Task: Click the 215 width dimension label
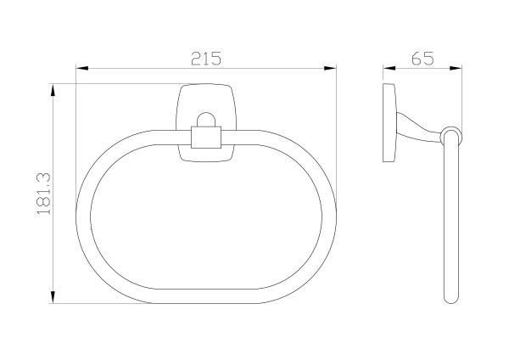pyautogui.click(x=206, y=59)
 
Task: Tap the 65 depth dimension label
pyautogui.click(x=422, y=59)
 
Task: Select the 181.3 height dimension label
pyautogui.click(x=44, y=194)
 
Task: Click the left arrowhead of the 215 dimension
pyautogui.click(x=82, y=68)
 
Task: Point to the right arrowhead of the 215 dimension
pyautogui.click(x=330, y=68)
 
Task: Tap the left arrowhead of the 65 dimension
pyautogui.click(x=389, y=68)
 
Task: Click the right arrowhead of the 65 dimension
pyautogui.click(x=456, y=68)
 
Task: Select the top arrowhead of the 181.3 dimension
pyautogui.click(x=53, y=90)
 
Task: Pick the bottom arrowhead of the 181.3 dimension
pyautogui.click(x=53, y=297)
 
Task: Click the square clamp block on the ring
pyautogui.click(x=206, y=137)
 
